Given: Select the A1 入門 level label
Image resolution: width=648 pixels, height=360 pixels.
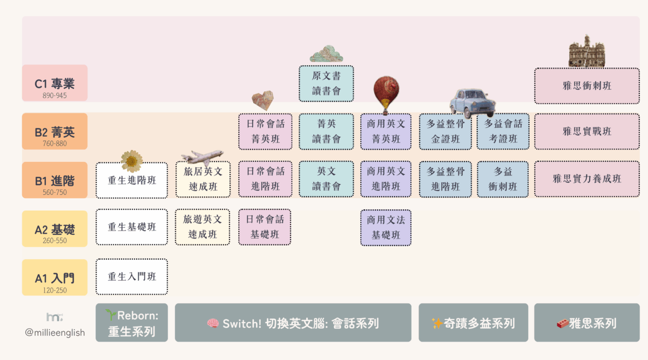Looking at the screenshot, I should coord(55,277).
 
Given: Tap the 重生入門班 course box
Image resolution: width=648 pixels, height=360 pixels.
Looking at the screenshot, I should coord(132,277).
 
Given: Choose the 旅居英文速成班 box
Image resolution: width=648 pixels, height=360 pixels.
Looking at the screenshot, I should coord(202,179).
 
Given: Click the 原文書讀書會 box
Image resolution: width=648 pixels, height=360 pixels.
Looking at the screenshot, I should coord(326,83).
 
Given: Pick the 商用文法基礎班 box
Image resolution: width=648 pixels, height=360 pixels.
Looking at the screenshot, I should coord(386,227).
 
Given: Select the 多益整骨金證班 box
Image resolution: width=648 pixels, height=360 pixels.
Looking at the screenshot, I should coord(446,131).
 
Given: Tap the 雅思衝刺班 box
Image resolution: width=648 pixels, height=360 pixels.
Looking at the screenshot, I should coord(587,86).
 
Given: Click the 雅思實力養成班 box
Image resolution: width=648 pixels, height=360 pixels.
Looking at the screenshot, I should coord(587,179).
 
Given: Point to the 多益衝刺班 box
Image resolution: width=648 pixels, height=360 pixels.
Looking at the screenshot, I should coord(503,179).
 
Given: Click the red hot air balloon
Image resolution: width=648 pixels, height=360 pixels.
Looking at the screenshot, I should coord(386,93).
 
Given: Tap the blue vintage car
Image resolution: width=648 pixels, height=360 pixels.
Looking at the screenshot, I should coord(473,103).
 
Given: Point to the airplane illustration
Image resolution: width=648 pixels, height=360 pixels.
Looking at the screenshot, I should coord(202,157).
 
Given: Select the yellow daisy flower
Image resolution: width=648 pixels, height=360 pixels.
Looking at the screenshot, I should coord(132,161).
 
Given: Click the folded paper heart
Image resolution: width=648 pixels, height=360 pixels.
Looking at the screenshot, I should coord(263,100).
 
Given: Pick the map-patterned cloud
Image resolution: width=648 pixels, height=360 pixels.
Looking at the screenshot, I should coord(326,53).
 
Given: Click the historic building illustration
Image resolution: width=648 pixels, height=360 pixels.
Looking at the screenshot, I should coord(586,52).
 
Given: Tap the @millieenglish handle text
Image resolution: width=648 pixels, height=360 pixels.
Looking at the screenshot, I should coord(55,332).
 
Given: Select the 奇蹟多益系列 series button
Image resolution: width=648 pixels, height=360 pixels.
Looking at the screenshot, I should coord(473,323).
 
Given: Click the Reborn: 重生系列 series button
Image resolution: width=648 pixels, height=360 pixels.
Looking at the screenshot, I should coord(132,323).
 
